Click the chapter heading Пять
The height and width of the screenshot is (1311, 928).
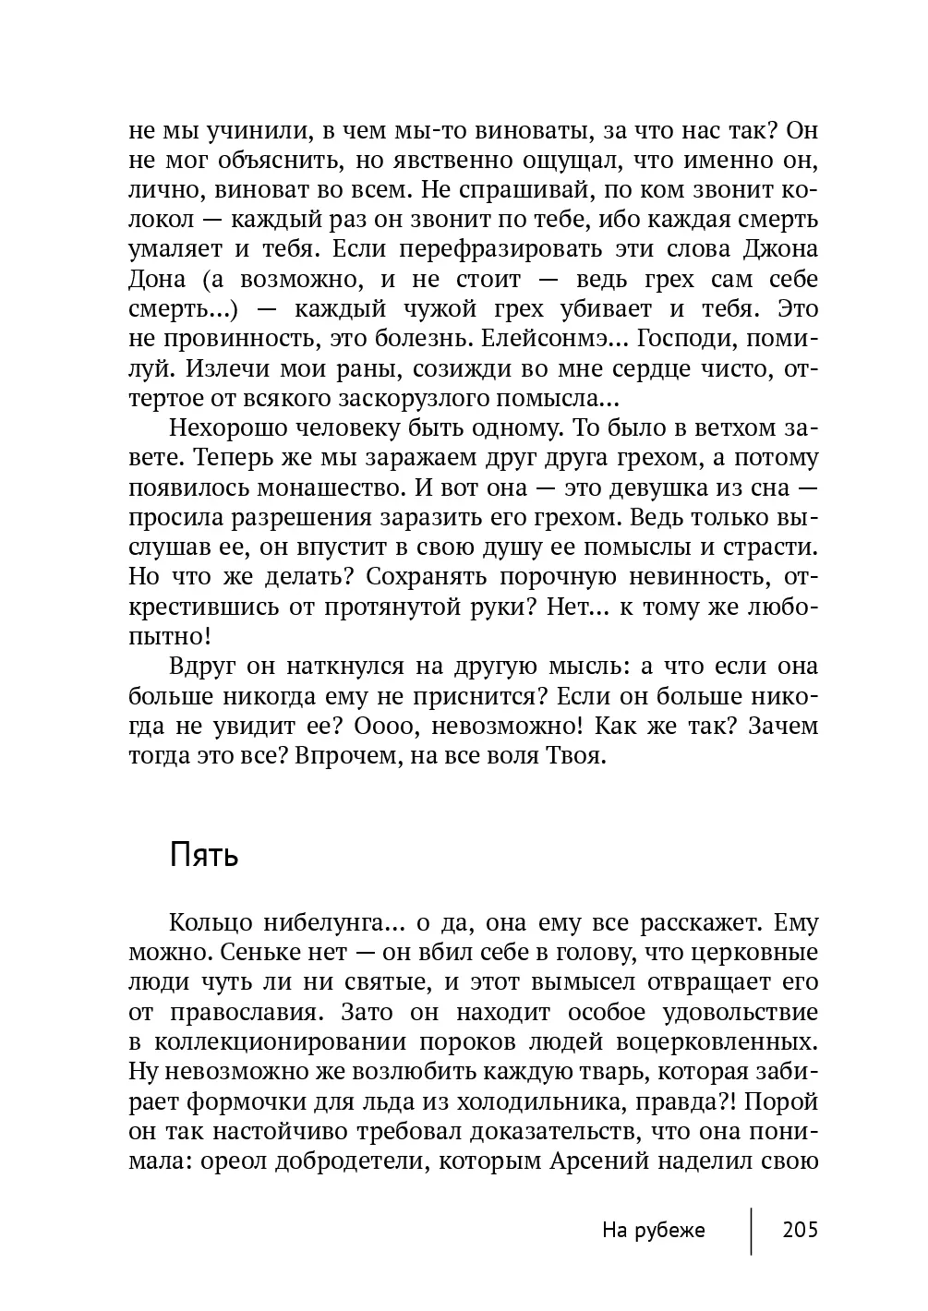(204, 856)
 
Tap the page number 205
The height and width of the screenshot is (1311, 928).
(800, 1230)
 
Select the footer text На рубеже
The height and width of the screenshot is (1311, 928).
(653, 1230)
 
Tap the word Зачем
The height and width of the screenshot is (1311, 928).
(781, 727)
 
